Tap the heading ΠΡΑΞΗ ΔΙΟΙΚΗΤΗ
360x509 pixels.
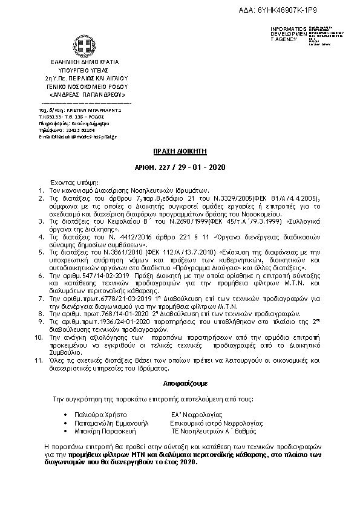[x=179, y=153]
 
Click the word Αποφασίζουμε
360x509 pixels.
[x=180, y=383]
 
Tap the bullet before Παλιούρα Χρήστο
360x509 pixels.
[x=65, y=415]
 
